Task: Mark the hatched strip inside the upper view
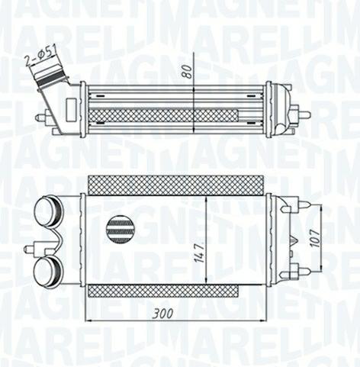click(x=163, y=114)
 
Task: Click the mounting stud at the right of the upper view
click(x=303, y=114)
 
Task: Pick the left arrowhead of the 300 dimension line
click(x=86, y=320)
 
